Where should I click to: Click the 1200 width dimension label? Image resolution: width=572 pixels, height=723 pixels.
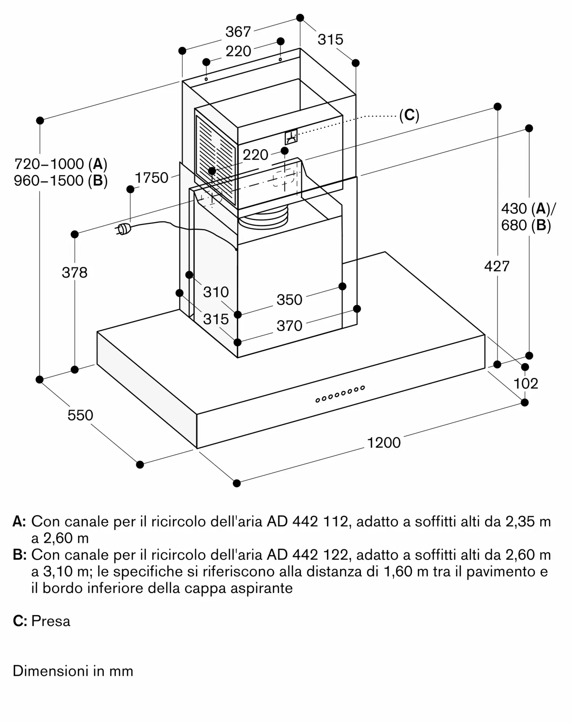(384, 442)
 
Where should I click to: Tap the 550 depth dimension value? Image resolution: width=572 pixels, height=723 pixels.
(80, 415)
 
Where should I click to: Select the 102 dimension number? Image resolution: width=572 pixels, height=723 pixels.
(526, 383)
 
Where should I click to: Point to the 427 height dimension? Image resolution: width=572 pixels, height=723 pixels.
(497, 266)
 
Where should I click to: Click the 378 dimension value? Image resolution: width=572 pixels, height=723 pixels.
(74, 273)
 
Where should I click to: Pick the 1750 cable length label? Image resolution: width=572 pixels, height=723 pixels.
(151, 178)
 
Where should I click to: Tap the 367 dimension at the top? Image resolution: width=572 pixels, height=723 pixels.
(238, 32)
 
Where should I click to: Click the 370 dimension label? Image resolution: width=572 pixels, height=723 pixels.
(289, 326)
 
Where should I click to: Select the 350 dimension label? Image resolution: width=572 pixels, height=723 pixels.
(289, 300)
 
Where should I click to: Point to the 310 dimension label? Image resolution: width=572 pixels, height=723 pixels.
(216, 292)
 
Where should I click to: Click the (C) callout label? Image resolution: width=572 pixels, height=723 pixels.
(409, 115)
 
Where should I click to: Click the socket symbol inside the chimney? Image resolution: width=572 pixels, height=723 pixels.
(291, 137)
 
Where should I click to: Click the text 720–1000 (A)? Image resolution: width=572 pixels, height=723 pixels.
(61, 164)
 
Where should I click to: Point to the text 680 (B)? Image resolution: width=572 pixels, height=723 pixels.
(526, 225)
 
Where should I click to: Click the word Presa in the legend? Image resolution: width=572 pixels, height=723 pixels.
(51, 621)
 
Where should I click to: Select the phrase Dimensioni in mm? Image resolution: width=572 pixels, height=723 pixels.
(73, 671)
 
